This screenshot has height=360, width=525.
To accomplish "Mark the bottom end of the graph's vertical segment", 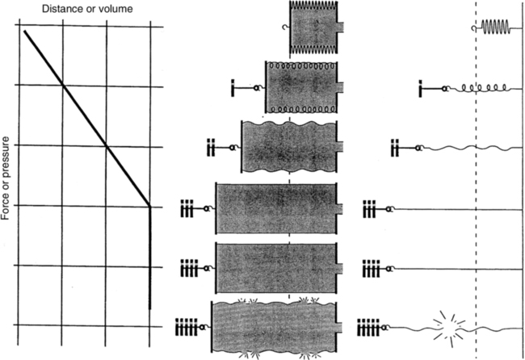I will pyautogui.click(x=151, y=308).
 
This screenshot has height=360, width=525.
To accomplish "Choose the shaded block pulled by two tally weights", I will pyautogui.click(x=289, y=147).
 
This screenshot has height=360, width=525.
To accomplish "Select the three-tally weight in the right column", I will pyautogui.click(x=372, y=208).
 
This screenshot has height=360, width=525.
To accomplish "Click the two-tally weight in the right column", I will pyautogui.click(x=396, y=148).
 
